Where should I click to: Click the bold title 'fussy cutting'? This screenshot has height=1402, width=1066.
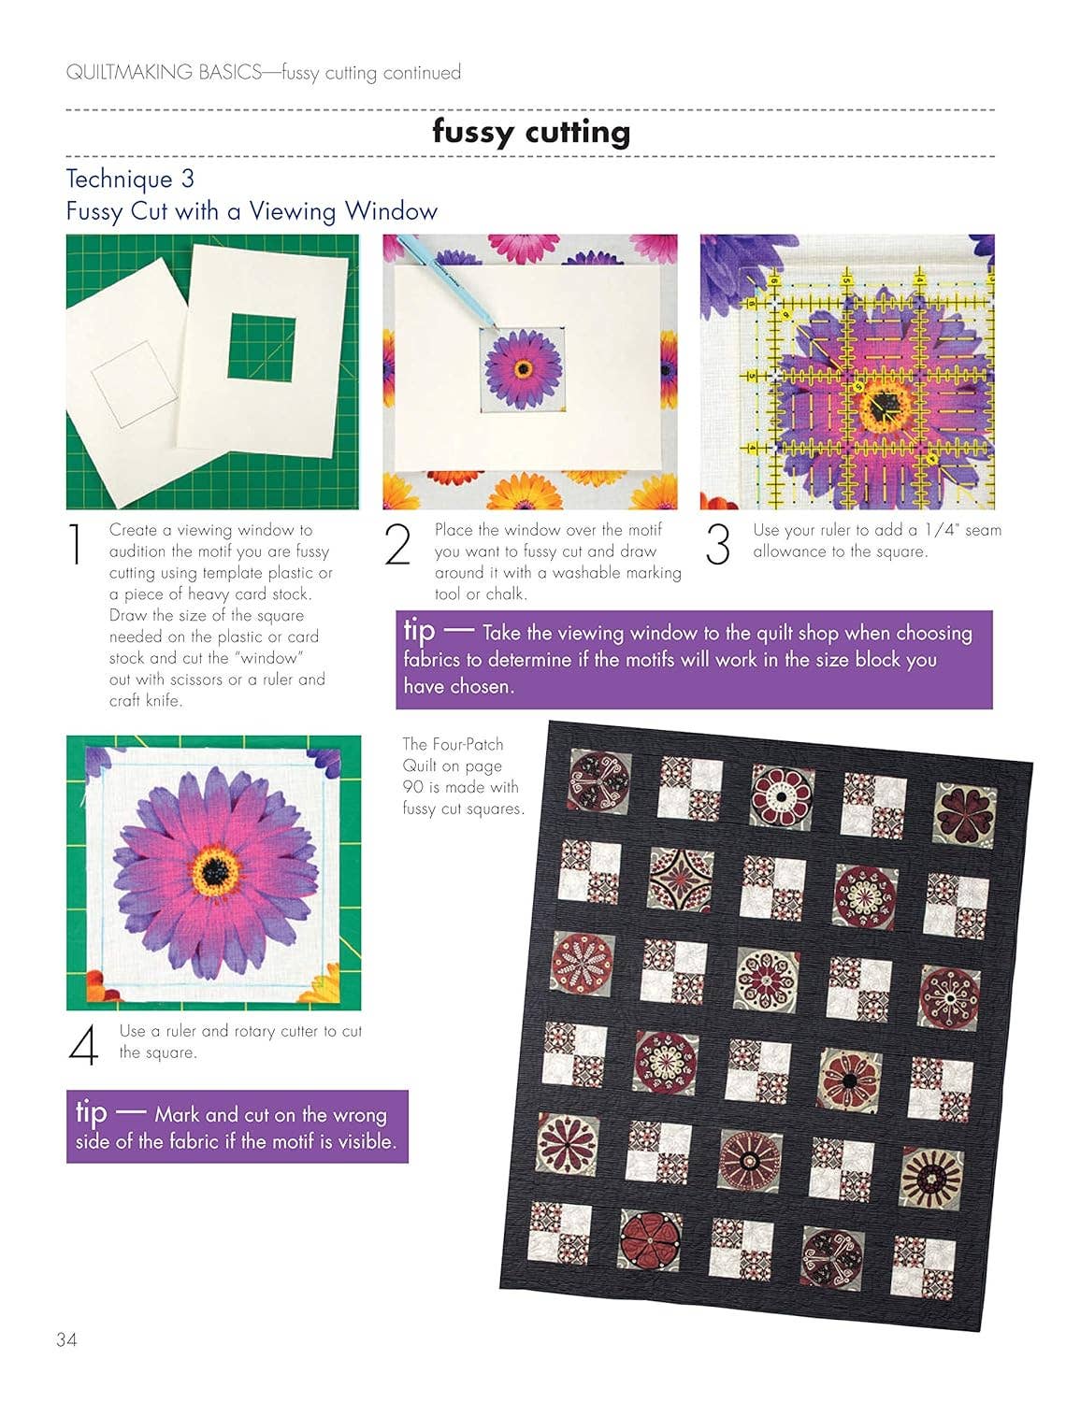[531, 133]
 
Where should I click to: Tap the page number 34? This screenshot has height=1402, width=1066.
[66, 1338]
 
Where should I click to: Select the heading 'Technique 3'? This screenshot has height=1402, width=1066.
[130, 179]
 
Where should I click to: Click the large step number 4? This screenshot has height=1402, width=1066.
[83, 1045]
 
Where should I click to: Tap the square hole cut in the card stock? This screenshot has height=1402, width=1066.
[262, 348]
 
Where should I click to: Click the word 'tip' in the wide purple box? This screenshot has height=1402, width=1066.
[420, 630]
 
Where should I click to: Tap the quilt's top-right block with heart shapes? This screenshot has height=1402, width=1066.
[965, 816]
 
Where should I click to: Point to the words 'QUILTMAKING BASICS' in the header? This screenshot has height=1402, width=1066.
[164, 72]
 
